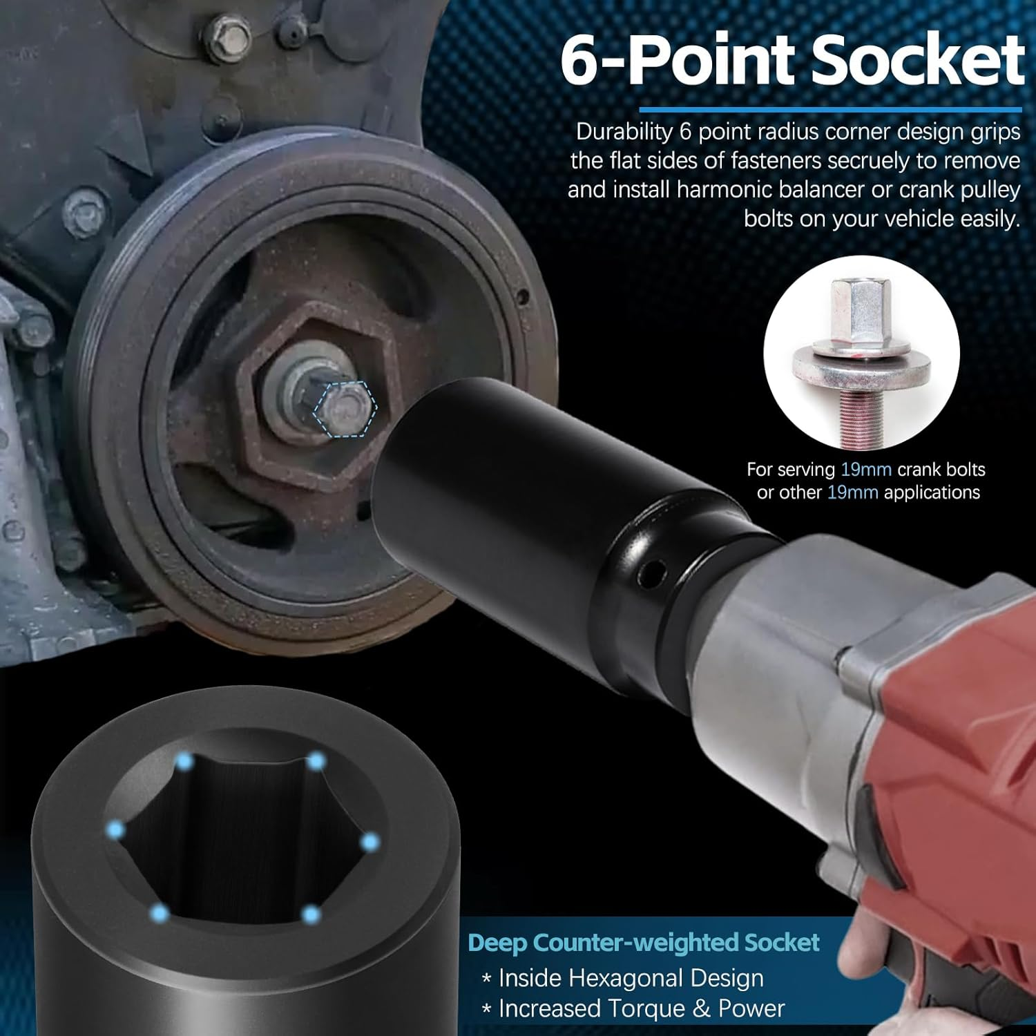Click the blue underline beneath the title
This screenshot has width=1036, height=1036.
(x=829, y=109)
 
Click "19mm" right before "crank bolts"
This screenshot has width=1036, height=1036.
(x=866, y=470)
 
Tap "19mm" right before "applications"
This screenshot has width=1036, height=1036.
(x=852, y=492)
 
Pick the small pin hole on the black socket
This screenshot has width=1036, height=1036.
(x=649, y=571)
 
